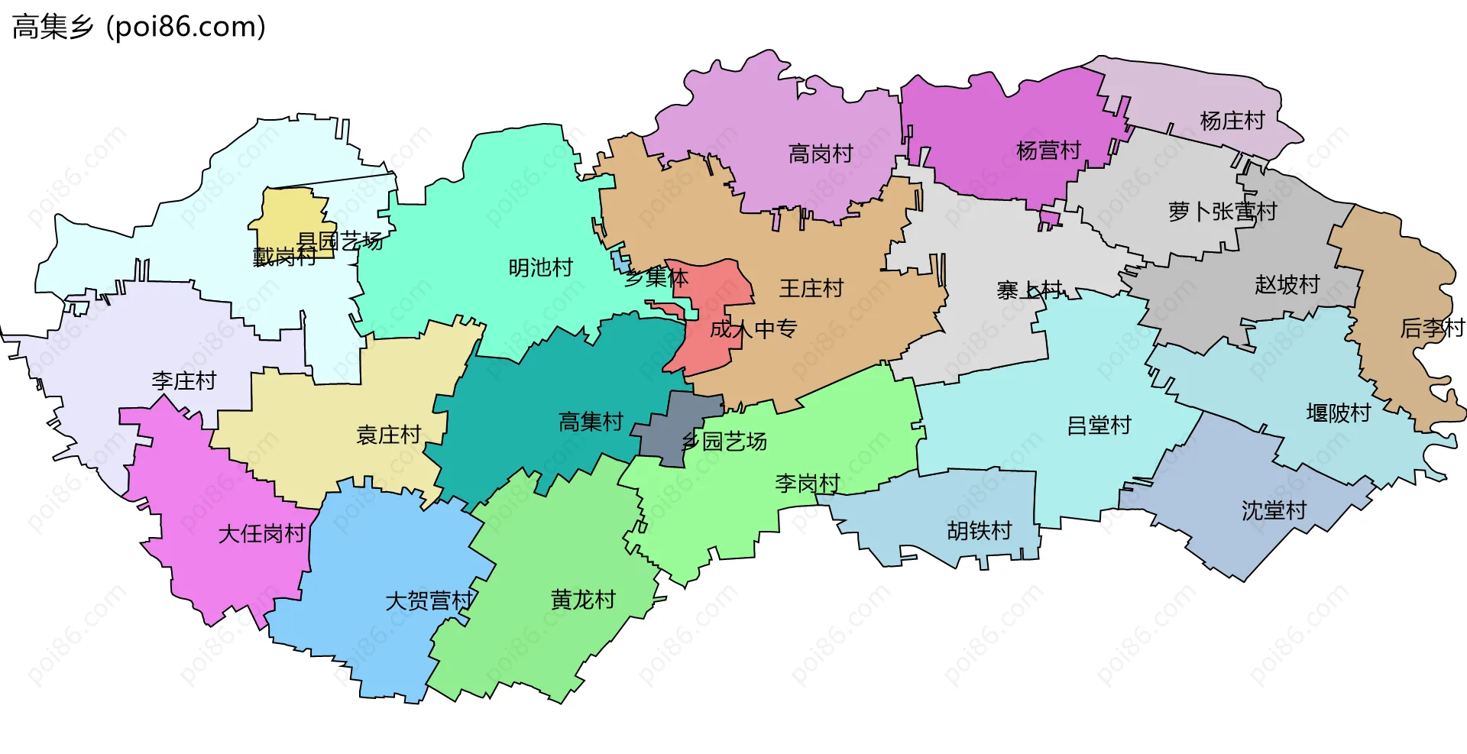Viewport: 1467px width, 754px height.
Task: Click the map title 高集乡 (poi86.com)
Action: [139, 27]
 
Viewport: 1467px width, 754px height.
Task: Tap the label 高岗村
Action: [821, 154]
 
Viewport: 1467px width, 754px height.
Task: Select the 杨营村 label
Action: [1048, 151]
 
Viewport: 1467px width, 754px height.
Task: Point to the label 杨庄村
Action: [1232, 121]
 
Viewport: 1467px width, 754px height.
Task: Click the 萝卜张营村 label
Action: [1222, 212]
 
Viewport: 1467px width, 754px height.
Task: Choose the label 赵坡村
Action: [1287, 285]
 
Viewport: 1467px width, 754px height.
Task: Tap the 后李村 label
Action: [1432, 328]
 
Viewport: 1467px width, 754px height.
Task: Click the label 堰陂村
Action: [1339, 413]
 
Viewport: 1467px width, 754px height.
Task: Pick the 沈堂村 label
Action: [1274, 510]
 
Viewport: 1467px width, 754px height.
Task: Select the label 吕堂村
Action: [1099, 426]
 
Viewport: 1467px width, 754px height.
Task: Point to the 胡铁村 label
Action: [980, 530]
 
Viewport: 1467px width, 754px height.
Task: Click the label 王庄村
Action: [811, 288]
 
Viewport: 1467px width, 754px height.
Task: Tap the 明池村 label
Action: [541, 267]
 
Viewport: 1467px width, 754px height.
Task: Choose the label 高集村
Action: [591, 421]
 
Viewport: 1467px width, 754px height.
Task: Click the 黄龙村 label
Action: [583, 600]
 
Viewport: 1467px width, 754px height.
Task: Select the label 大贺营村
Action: [429, 601]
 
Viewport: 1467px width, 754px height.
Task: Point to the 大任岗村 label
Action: [262, 533]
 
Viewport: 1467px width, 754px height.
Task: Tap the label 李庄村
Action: [184, 380]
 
